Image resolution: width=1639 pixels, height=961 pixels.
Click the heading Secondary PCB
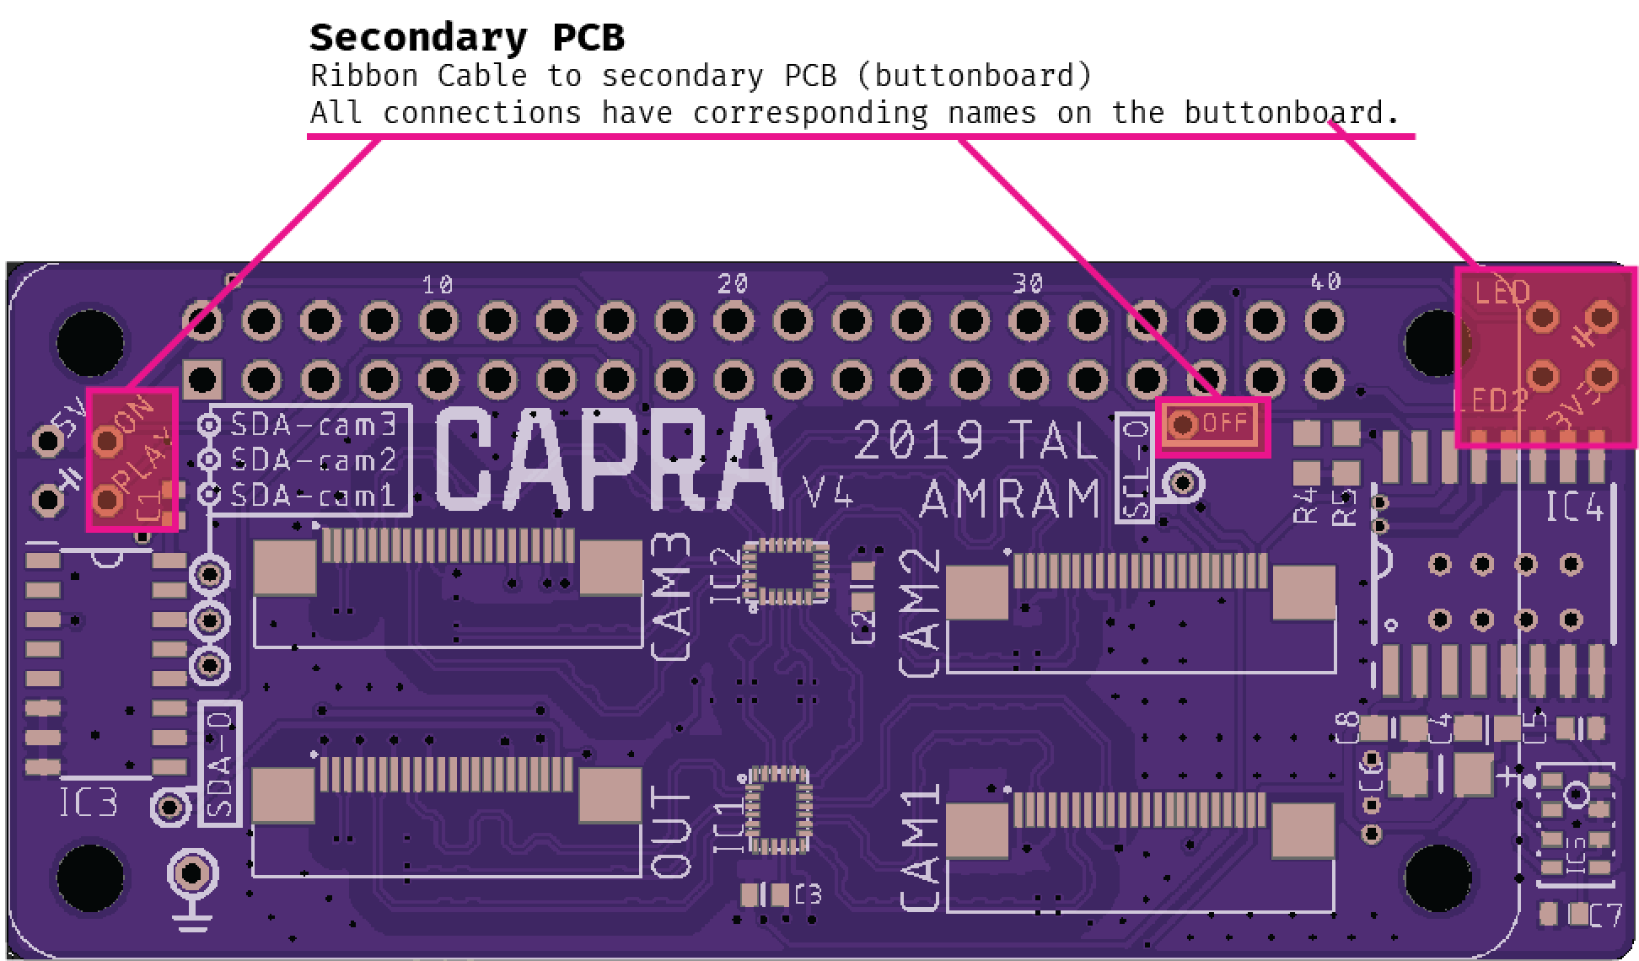coord(466,38)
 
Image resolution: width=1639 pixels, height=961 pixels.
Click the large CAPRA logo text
coord(609,460)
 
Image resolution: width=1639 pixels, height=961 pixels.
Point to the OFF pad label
coord(1224,423)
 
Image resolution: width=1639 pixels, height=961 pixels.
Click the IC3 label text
coord(89,803)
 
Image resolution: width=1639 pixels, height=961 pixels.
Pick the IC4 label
coord(1573,507)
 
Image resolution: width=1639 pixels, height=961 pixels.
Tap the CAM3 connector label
coord(673,597)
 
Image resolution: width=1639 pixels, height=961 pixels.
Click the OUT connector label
coord(673,833)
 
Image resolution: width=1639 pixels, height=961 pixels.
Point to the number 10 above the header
coord(438,285)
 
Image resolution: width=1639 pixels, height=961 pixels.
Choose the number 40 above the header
coord(1325,282)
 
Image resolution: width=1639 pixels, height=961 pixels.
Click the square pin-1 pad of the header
coord(202,380)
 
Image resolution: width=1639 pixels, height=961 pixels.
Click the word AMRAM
coord(1010,499)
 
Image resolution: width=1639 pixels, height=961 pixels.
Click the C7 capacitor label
coord(1604,915)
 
